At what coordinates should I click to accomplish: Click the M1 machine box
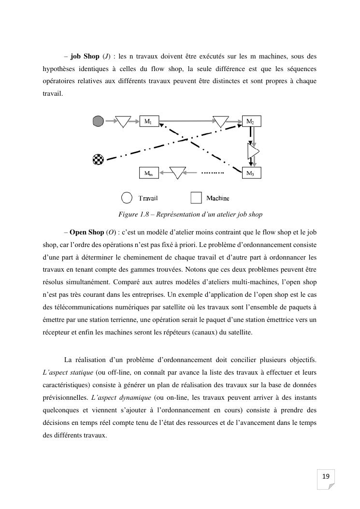pyautogui.click(x=149, y=121)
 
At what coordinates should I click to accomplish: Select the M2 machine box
pyautogui.click(x=251, y=121)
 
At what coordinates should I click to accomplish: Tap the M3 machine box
pyautogui.click(x=251, y=173)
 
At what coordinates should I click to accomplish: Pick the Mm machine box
pyautogui.click(x=149, y=173)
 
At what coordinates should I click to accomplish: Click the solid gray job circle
pyautogui.click(x=98, y=121)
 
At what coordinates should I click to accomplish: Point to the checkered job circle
pyautogui.click(x=98, y=159)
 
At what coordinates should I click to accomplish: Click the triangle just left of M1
pyautogui.click(x=123, y=121)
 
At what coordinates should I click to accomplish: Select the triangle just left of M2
pyautogui.click(x=221, y=121)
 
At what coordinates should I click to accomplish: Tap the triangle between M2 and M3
pyautogui.click(x=253, y=151)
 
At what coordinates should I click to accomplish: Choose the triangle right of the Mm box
pyautogui.click(x=177, y=173)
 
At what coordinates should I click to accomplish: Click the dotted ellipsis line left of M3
pyautogui.click(x=213, y=173)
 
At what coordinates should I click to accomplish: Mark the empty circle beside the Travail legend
pyautogui.click(x=127, y=198)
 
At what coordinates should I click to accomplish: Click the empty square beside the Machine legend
pyautogui.click(x=196, y=198)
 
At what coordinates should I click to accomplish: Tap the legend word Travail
pyautogui.click(x=148, y=198)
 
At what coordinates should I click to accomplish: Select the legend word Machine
pyautogui.click(x=217, y=198)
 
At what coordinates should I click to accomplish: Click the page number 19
pyautogui.click(x=326, y=477)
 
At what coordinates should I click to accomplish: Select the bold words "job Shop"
pyautogui.click(x=85, y=56)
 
